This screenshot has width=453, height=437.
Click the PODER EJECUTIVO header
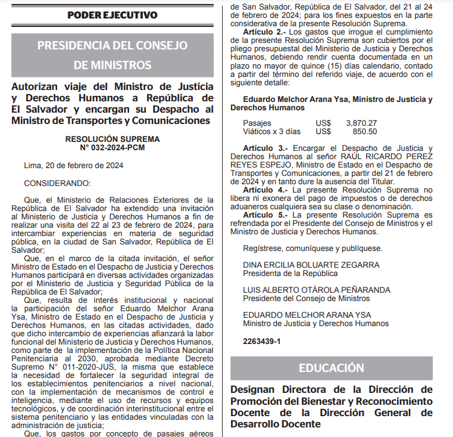point(113,15)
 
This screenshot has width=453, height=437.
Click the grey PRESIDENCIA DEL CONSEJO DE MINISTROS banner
point(113,55)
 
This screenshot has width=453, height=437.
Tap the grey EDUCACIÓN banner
point(331,367)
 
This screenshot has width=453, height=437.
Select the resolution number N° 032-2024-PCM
point(113,147)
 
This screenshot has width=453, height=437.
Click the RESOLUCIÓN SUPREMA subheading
point(113,138)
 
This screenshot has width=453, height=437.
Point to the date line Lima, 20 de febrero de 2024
point(74,165)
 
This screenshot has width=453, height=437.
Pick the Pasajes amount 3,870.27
point(361,123)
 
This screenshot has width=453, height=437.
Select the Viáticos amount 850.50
point(365,131)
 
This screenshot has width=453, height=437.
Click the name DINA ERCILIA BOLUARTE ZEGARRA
point(311,265)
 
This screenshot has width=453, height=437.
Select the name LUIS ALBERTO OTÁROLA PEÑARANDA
point(317,290)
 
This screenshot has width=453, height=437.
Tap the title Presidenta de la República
point(290,273)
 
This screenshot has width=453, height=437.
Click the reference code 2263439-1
point(261,341)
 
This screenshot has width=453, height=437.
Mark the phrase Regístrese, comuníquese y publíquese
point(313,248)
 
